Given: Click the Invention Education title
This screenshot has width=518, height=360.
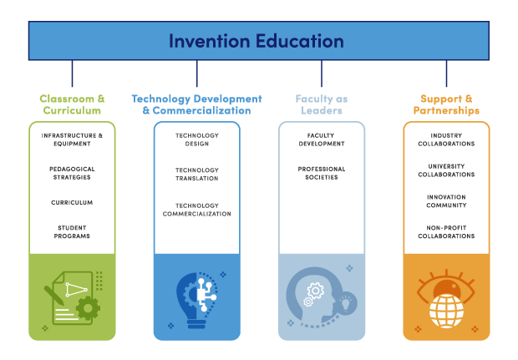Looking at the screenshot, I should pos(256,40).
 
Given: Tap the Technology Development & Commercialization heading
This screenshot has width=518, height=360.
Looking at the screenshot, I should pos(196,104).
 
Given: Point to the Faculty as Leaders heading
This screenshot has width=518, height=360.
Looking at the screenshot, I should pos(322,104).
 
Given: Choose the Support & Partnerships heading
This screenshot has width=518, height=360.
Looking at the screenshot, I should pos(446,104).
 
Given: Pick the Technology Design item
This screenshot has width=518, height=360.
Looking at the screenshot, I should pos(196,139).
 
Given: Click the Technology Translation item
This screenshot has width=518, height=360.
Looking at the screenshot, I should pos(196,174).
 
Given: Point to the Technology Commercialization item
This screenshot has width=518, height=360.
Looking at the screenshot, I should pos(196,209).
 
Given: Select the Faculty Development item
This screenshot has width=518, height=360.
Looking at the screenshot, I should pos(322,139).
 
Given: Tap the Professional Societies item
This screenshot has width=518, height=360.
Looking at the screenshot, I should pos(322,173).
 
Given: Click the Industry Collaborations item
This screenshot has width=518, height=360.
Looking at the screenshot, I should pos(446,139).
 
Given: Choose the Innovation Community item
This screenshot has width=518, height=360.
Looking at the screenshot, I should pos(446,201).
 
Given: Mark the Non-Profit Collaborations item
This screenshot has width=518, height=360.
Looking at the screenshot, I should pos(446,231).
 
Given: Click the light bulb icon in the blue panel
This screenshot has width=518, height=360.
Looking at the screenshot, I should pos(196,297).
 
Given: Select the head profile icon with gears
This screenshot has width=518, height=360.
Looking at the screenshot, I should pos(317,297).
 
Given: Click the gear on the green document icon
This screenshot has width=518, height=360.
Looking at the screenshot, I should pos(86,307).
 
